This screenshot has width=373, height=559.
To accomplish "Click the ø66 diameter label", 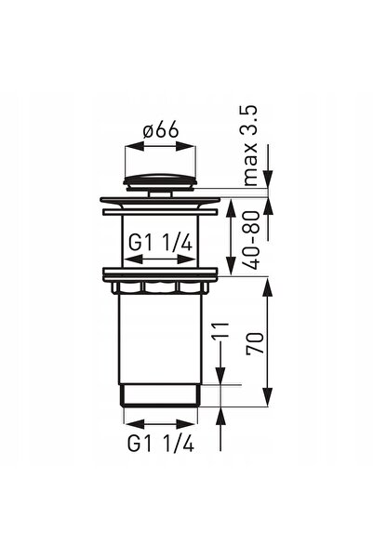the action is coord(161,131).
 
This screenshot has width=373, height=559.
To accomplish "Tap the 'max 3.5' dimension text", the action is coord(251,145).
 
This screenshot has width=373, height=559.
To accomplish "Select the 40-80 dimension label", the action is coord(253,240).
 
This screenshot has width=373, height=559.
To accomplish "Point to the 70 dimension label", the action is coord(255,342).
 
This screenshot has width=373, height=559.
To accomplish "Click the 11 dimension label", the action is coord(220,330).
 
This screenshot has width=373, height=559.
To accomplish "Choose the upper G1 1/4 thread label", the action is coord(161,244).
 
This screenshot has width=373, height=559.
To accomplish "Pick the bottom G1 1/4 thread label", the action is coord(161,444).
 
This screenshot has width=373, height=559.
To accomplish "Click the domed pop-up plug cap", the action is coord(160,181).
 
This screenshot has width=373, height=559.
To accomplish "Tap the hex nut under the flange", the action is coord(160,288).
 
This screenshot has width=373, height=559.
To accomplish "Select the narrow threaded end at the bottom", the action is coord(160,395).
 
